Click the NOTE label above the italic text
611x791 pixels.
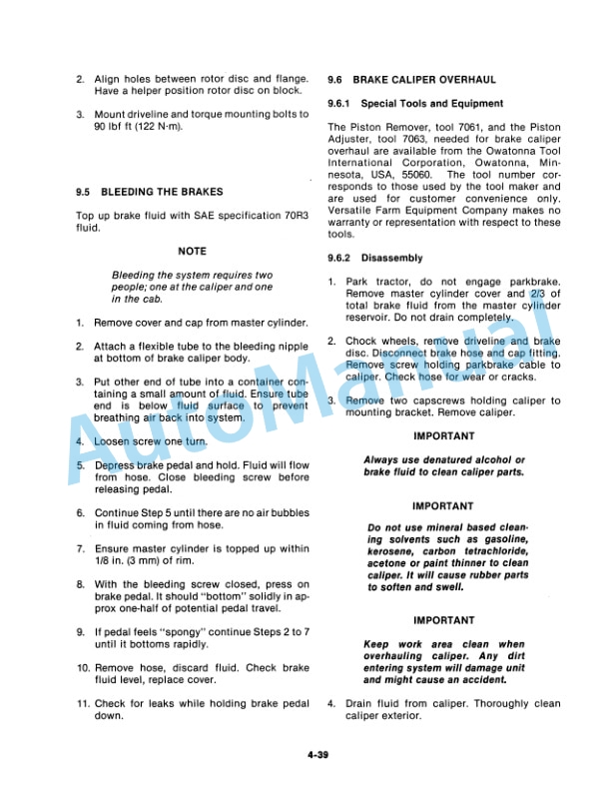point(192,252)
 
